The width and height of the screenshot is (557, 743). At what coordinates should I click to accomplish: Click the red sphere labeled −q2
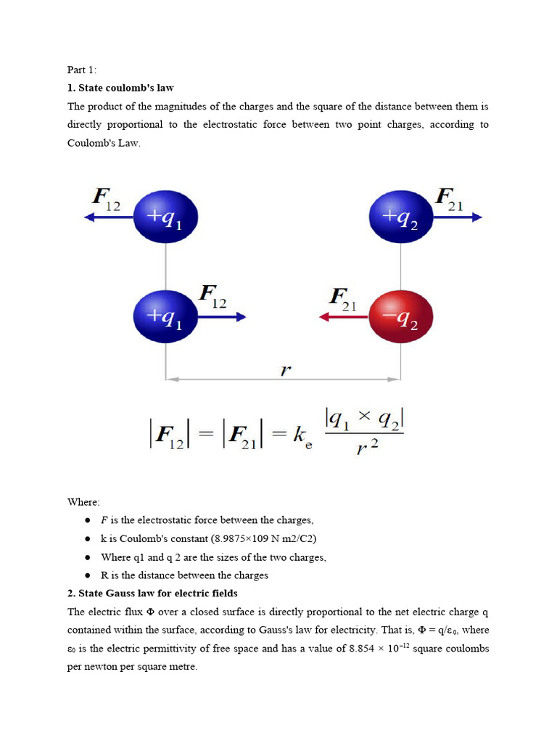click(401, 317)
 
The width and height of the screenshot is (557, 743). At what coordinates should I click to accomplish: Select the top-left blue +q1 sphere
click(166, 217)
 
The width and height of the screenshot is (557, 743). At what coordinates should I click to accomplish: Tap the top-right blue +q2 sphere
click(401, 217)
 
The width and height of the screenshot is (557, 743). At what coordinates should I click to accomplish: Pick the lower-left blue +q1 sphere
click(166, 317)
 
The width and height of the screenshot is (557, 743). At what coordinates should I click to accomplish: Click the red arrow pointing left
click(344, 317)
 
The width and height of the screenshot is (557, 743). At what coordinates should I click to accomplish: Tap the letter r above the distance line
click(285, 369)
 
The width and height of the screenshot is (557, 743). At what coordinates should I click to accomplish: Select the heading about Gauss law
click(152, 593)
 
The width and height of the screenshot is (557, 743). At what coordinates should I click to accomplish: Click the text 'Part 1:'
click(82, 70)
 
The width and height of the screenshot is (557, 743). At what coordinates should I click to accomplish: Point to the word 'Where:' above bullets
click(84, 501)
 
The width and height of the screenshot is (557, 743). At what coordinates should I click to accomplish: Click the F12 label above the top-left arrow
click(106, 197)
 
